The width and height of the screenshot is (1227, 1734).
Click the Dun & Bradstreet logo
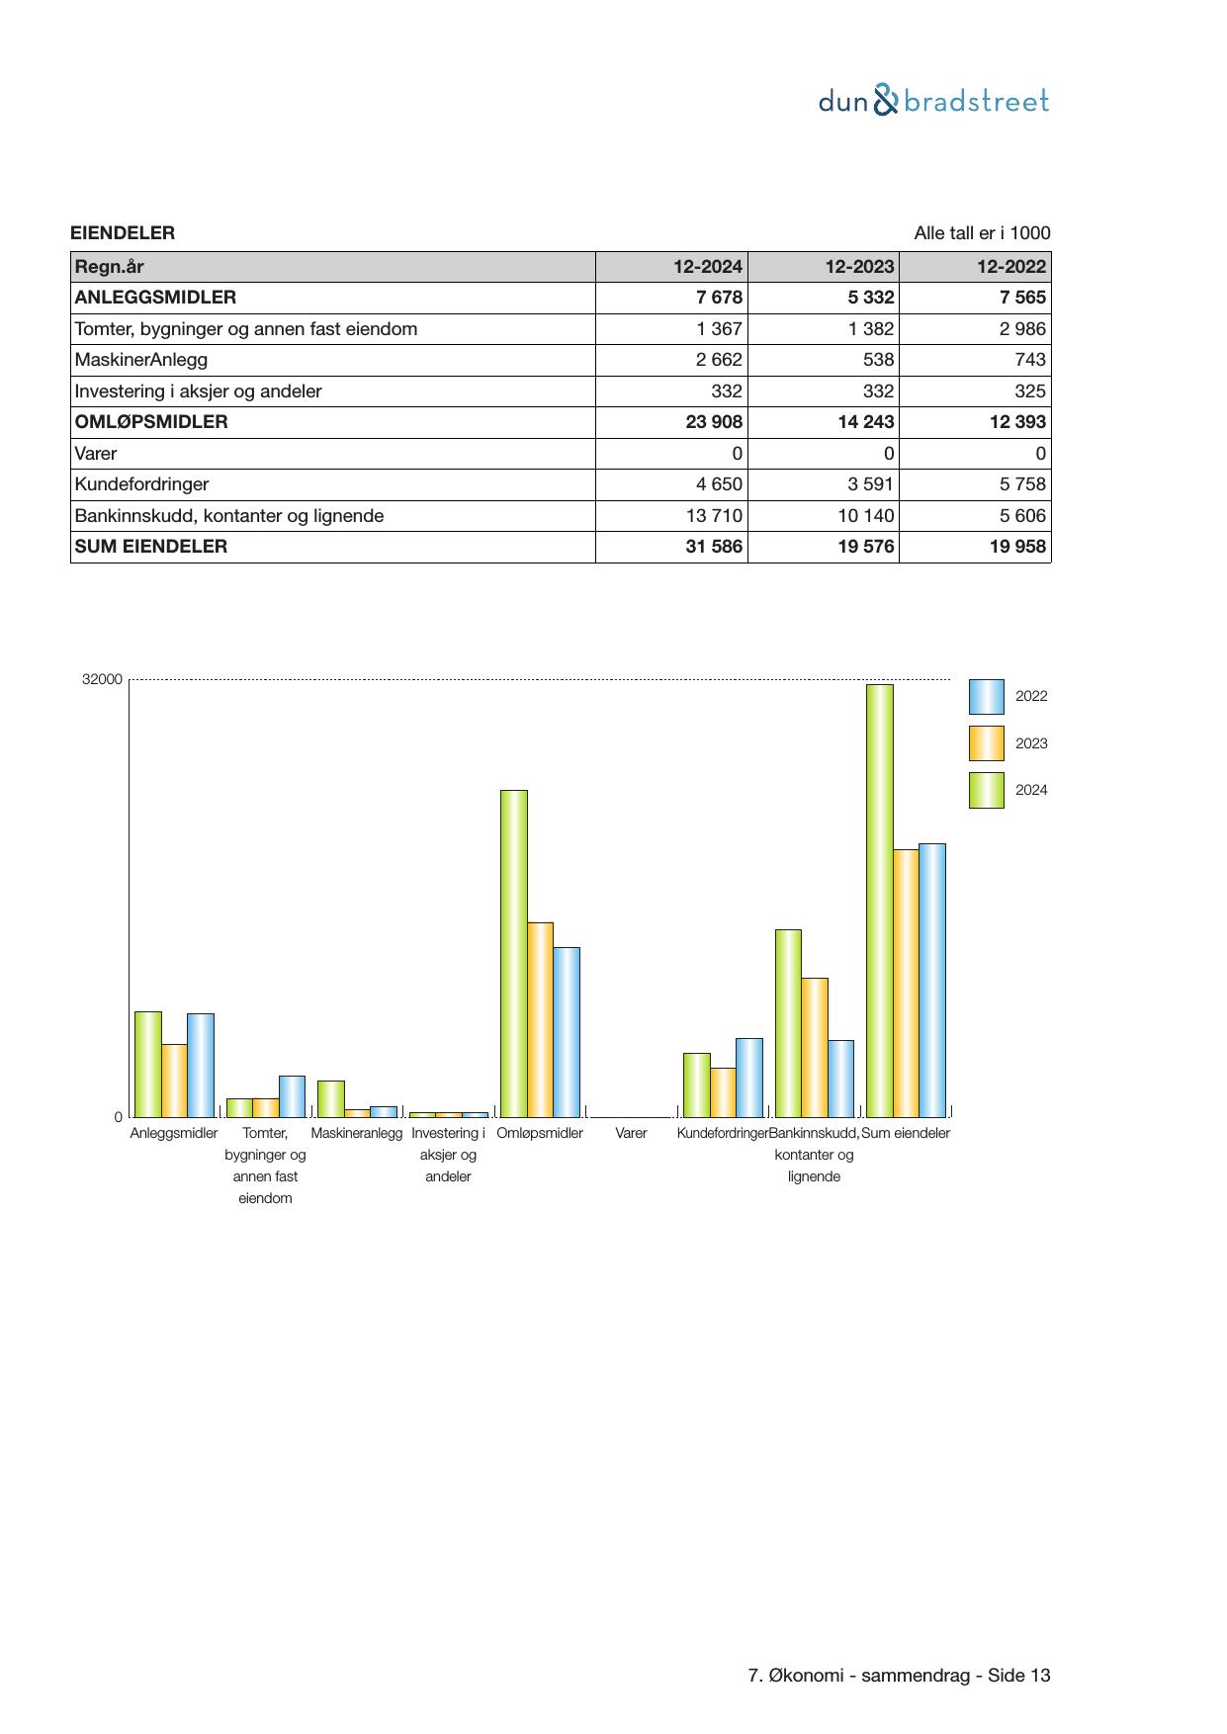(933, 101)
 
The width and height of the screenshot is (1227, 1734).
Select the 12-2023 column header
(859, 267)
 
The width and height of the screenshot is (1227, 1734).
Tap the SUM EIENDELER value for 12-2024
(714, 547)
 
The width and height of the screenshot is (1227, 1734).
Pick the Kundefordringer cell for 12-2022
(1019, 484)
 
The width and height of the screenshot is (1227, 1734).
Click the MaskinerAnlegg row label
(141, 360)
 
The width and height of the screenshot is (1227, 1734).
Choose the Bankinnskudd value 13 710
(714, 516)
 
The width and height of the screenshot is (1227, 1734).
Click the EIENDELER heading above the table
(123, 233)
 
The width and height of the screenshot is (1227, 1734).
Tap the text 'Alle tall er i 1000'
(982, 233)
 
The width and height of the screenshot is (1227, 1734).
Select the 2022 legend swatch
(986, 697)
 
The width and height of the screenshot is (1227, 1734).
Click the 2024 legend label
(1031, 790)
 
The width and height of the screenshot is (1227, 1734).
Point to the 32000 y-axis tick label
(103, 680)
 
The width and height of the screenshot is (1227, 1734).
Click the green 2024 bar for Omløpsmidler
(514, 953)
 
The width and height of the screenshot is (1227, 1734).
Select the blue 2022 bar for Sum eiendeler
(932, 980)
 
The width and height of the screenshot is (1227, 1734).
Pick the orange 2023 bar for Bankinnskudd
(815, 1047)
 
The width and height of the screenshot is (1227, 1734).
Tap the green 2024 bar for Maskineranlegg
(331, 1098)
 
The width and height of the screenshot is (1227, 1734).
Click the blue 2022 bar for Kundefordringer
(749, 1078)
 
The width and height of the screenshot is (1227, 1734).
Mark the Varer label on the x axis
(631, 1133)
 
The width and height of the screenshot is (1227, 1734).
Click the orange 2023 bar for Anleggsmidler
(174, 1081)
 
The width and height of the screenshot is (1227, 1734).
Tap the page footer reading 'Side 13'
(1018, 1675)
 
